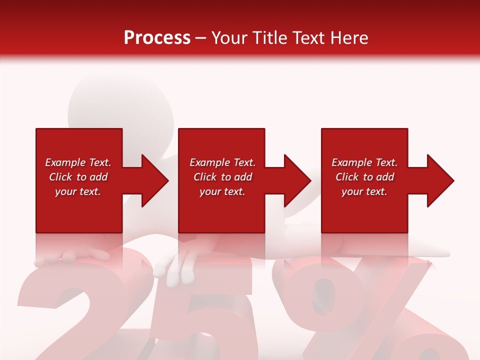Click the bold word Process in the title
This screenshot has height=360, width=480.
(157, 38)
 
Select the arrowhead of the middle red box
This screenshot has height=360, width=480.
(296, 180)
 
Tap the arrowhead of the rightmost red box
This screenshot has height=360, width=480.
(439, 180)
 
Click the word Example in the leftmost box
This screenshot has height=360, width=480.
(64, 162)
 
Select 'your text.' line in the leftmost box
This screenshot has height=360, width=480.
(78, 191)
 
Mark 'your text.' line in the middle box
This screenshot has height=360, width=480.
(222, 191)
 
